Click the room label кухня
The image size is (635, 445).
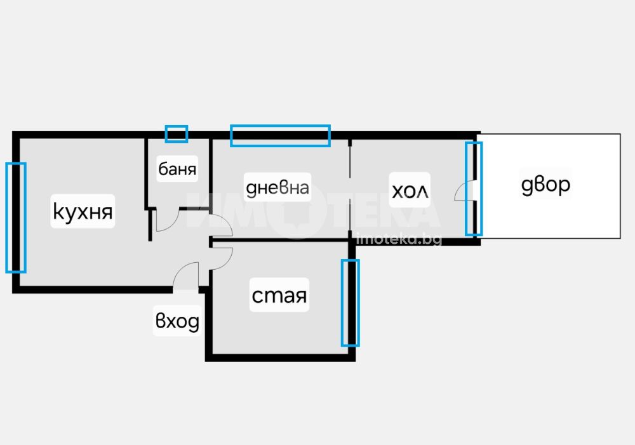tap(83, 211)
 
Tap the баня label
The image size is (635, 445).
tap(177, 169)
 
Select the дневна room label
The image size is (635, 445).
tap(277, 187)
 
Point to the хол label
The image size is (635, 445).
tap(410, 190)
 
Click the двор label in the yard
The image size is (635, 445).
tap(545, 185)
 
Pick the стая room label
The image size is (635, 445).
tap(279, 296)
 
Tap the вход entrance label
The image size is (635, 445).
tap(177, 321)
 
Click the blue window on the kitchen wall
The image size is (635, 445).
tap(16, 218)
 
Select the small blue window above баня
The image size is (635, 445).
tap(176, 134)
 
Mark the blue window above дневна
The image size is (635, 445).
tap(280, 136)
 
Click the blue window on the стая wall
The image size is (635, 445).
tap(351, 303)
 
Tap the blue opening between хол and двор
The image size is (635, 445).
tap(474, 189)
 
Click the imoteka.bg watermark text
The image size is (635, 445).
tap(399, 239)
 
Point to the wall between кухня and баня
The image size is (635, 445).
tap(146, 174)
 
